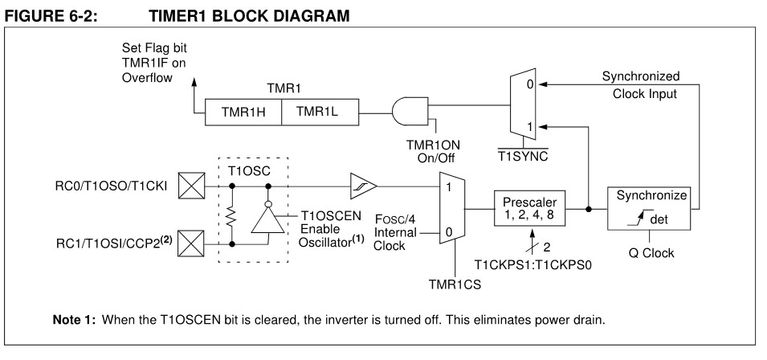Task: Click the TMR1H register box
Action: click(243, 112)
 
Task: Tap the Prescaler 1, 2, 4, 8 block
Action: click(529, 207)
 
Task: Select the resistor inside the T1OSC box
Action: click(232, 217)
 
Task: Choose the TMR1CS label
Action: click(455, 282)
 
